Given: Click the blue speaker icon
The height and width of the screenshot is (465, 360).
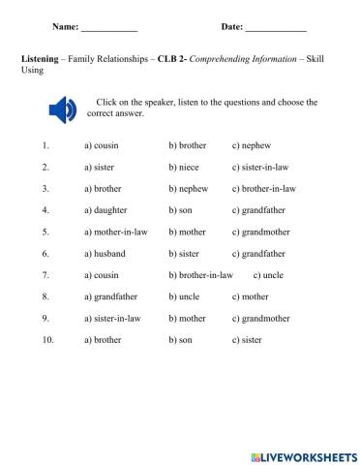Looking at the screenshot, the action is [61, 110].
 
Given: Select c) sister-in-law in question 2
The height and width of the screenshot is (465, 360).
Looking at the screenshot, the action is [260, 167].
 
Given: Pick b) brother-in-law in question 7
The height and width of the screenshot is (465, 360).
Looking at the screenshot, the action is [200, 274].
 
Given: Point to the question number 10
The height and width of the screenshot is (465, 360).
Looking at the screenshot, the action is [45, 340].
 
